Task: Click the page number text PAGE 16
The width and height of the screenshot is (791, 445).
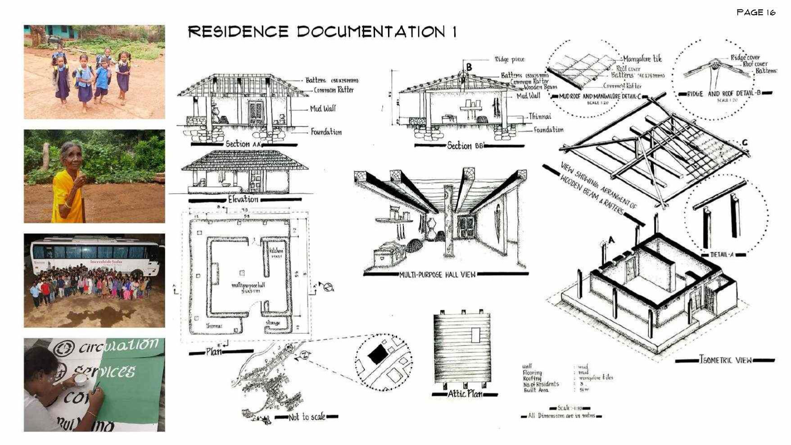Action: pos(756,13)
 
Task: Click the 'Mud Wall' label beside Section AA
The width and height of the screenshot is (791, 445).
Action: pos(322,109)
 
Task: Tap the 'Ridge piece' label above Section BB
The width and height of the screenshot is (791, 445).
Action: pos(509,59)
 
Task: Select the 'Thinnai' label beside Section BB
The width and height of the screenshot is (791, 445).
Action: pos(539,116)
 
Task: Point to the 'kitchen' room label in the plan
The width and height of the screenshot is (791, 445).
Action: pos(276,251)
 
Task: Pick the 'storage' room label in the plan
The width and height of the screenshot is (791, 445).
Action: pos(273,322)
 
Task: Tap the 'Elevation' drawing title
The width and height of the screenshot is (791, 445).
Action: pos(243,199)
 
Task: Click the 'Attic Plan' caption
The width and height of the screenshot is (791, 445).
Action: pos(465,394)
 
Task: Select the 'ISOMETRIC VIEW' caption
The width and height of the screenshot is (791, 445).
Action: pos(725,360)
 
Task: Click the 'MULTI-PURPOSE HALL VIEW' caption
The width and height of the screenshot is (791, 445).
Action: pos(437,275)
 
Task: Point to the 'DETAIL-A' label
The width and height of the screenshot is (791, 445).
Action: pos(722,255)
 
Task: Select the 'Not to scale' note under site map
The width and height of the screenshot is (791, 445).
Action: pos(307,417)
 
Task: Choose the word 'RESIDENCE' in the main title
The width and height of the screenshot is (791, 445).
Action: pos(238,32)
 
